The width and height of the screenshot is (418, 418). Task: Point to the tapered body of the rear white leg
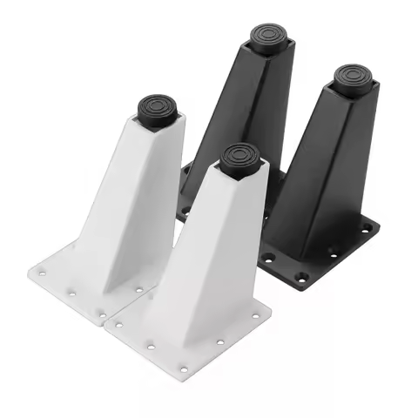(131, 209)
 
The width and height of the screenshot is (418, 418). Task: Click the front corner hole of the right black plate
(300, 278)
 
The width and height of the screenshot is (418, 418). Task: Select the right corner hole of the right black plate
(367, 228)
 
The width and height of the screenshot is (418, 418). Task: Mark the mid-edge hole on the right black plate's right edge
(334, 253)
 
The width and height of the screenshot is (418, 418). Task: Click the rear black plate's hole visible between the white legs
(184, 210)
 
